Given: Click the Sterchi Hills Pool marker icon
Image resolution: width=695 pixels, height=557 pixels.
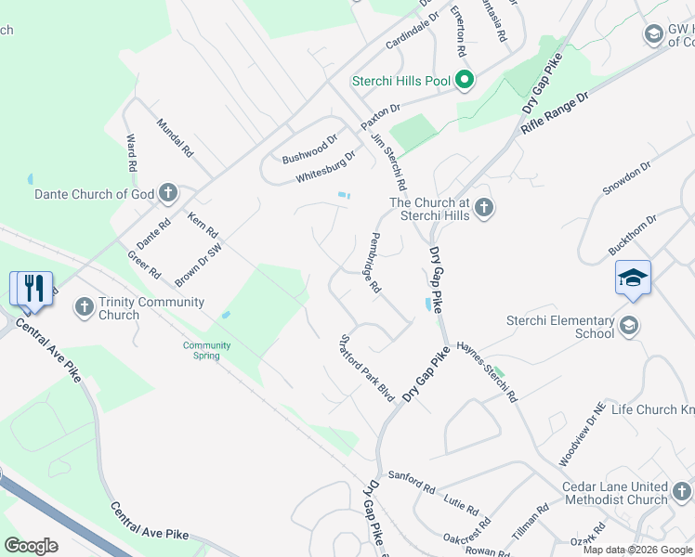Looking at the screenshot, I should click(x=465, y=81).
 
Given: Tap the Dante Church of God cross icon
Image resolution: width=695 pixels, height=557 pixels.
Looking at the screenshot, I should click(x=167, y=194).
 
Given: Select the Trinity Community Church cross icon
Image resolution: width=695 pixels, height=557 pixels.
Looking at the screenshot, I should click(x=85, y=305).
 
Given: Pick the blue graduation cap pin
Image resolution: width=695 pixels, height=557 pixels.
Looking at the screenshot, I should click(x=633, y=278).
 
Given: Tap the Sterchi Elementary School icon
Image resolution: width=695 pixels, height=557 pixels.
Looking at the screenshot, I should click(x=630, y=324).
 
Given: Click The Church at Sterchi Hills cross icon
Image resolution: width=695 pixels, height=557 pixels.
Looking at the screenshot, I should click(x=483, y=208).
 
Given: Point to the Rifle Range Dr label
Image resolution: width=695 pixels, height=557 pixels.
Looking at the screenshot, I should click(x=556, y=112).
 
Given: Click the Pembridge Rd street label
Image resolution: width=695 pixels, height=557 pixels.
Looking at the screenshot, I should click(x=375, y=264).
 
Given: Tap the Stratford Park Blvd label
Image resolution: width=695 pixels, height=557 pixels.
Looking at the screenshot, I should click(x=368, y=368).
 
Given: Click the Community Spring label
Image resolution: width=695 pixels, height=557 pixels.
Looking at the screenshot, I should click(x=206, y=350).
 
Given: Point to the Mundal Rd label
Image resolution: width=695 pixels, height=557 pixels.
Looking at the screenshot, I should click(x=175, y=137).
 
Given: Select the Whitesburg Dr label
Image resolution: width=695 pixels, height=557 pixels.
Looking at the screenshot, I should click(x=325, y=168).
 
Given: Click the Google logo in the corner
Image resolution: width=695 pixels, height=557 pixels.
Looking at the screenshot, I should click(x=32, y=545).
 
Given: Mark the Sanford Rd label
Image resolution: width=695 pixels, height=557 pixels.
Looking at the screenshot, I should click(x=412, y=480).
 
